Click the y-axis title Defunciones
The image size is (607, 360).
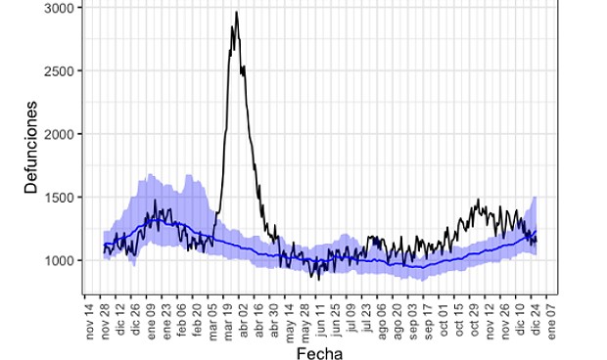click(x=31, y=147)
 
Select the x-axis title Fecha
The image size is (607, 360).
click(x=319, y=351)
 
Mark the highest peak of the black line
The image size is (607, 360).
click(x=236, y=13)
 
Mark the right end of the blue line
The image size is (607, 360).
click(x=537, y=232)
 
